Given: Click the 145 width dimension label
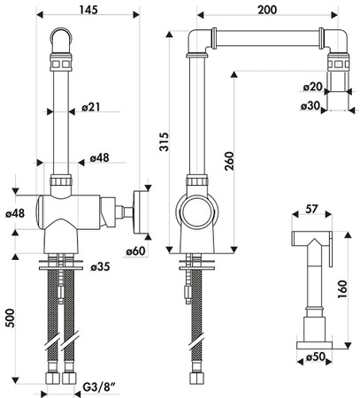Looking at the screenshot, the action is click(x=88, y=10).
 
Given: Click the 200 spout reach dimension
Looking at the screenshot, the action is click(x=267, y=10).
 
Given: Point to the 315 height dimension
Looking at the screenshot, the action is click(x=165, y=142).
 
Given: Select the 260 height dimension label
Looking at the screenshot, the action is click(x=229, y=161).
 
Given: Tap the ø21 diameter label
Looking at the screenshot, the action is click(x=91, y=107).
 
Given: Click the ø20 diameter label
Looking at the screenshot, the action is click(x=313, y=87).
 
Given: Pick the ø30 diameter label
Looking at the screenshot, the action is click(x=310, y=106).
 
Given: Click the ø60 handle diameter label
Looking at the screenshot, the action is click(x=136, y=251).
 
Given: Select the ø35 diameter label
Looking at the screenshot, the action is click(x=100, y=266).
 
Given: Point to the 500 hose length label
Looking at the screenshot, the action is click(x=11, y=318).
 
